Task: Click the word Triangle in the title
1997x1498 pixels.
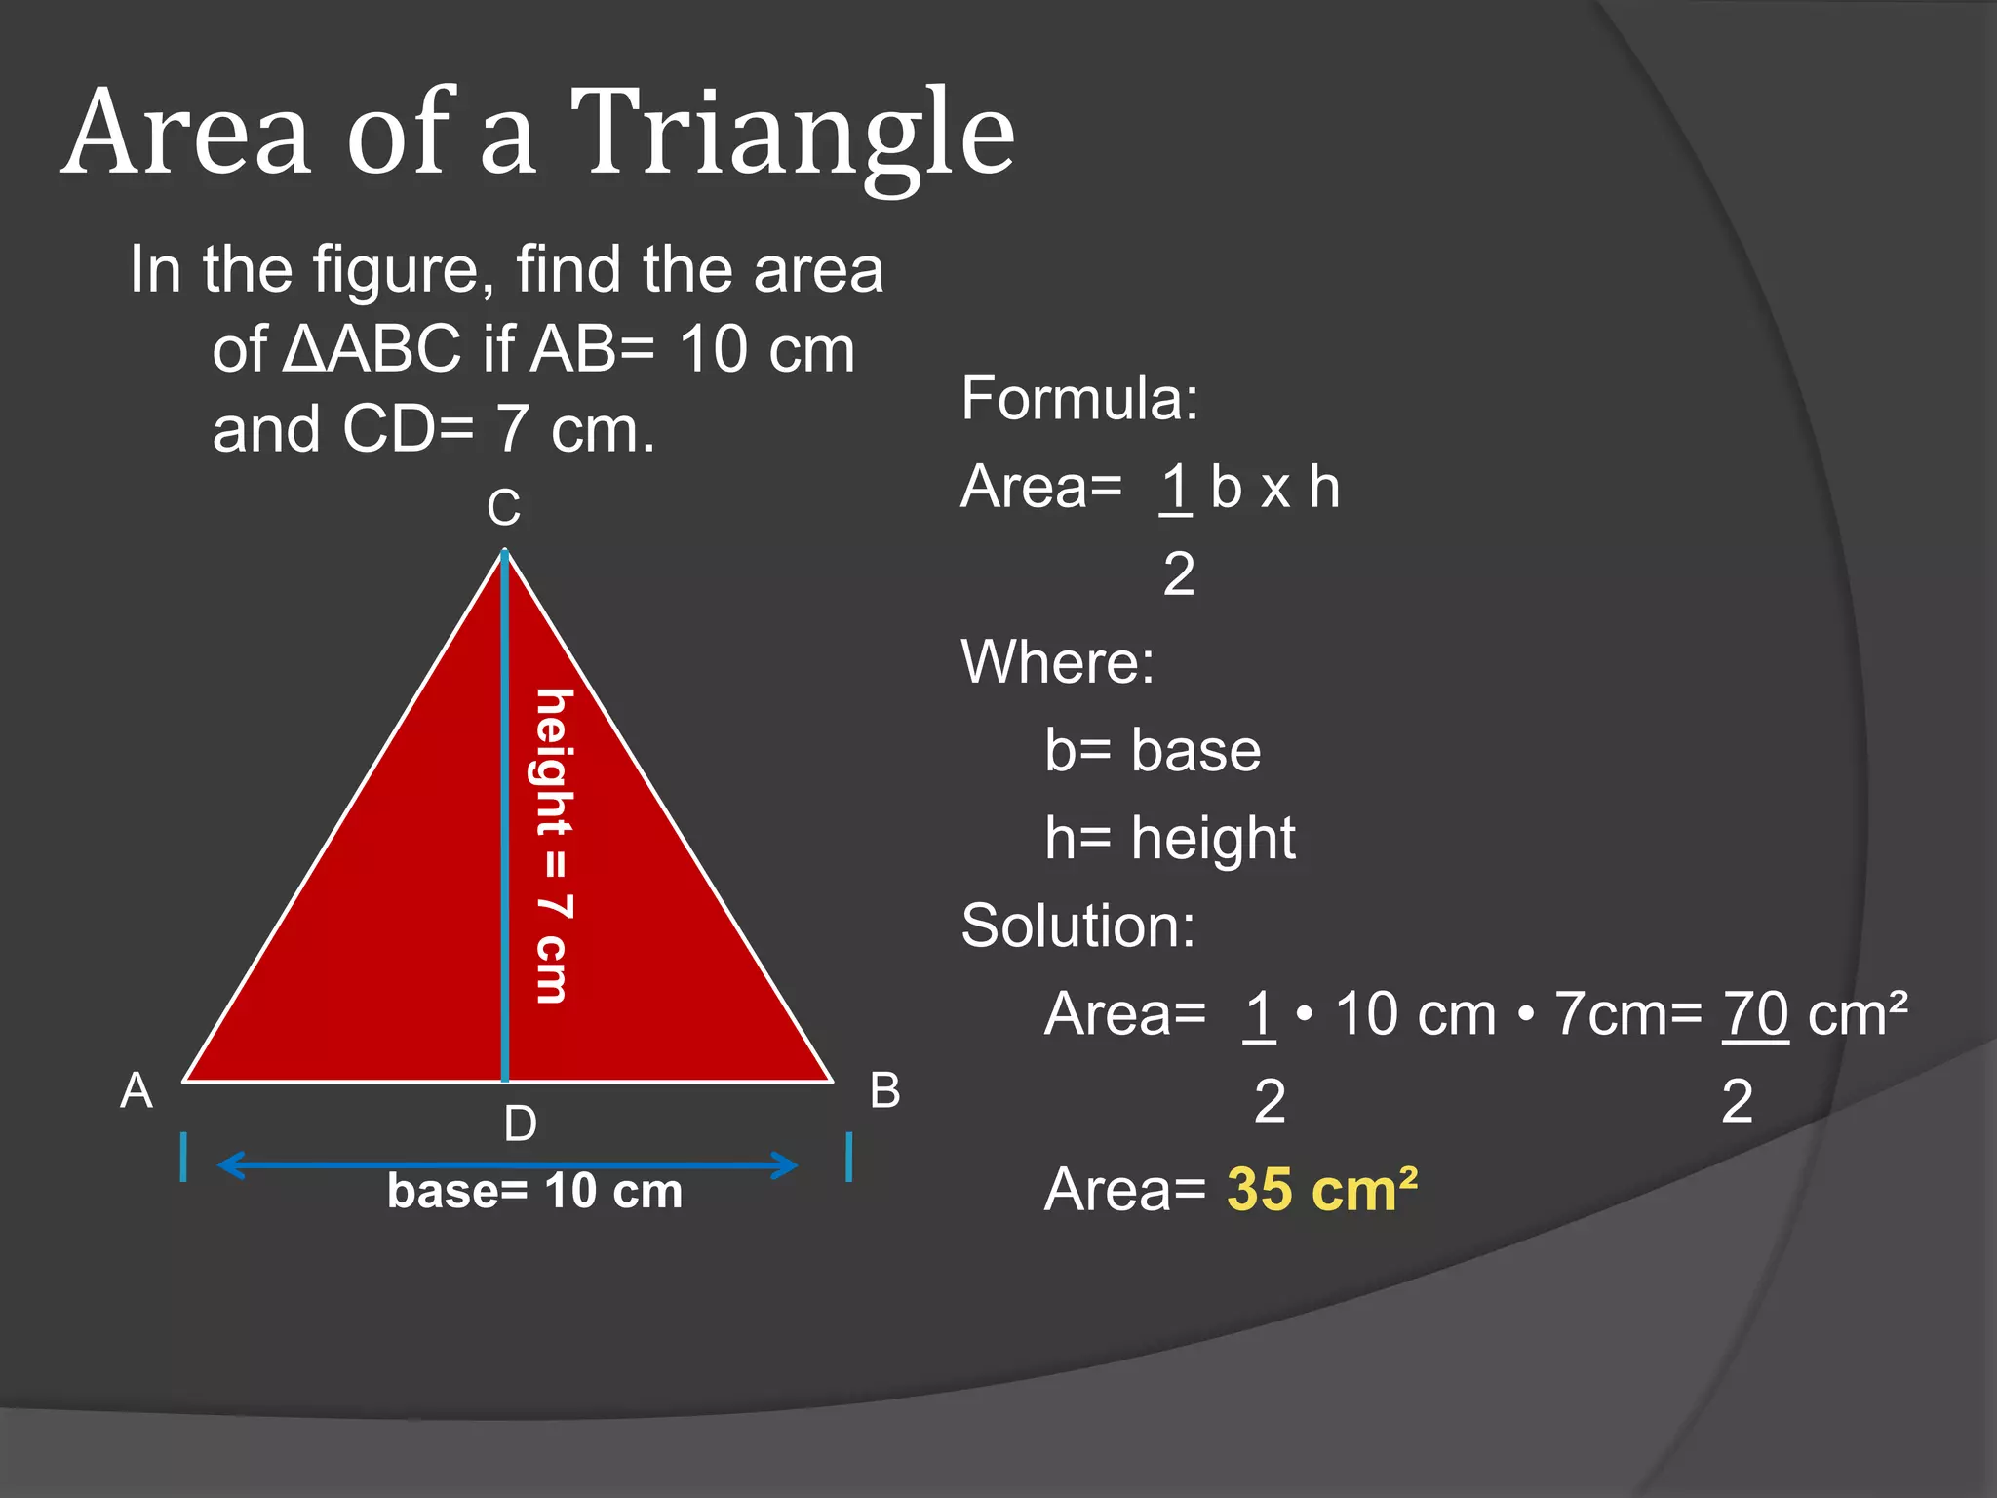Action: (792, 135)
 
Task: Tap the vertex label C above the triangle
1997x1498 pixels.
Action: (504, 508)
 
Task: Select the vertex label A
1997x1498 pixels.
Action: (137, 1090)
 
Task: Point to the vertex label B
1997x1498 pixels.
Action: (884, 1090)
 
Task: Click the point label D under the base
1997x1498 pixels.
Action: (520, 1124)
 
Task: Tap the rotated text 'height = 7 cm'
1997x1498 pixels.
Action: (554, 846)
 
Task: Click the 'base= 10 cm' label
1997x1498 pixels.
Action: (534, 1191)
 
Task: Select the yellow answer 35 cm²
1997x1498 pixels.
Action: (1321, 1190)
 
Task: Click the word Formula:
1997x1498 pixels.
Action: (1079, 399)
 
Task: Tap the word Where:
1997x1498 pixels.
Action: (1058, 662)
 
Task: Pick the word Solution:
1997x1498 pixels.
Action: (1077, 926)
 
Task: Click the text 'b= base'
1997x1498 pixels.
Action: (1153, 750)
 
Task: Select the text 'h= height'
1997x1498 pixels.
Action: (1169, 838)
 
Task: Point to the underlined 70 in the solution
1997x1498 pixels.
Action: (1755, 1014)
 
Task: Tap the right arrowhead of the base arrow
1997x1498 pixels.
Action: (786, 1164)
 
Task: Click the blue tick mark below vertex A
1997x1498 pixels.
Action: (183, 1157)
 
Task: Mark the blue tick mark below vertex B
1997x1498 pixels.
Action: (849, 1157)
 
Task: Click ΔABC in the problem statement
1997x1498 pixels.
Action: (372, 349)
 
